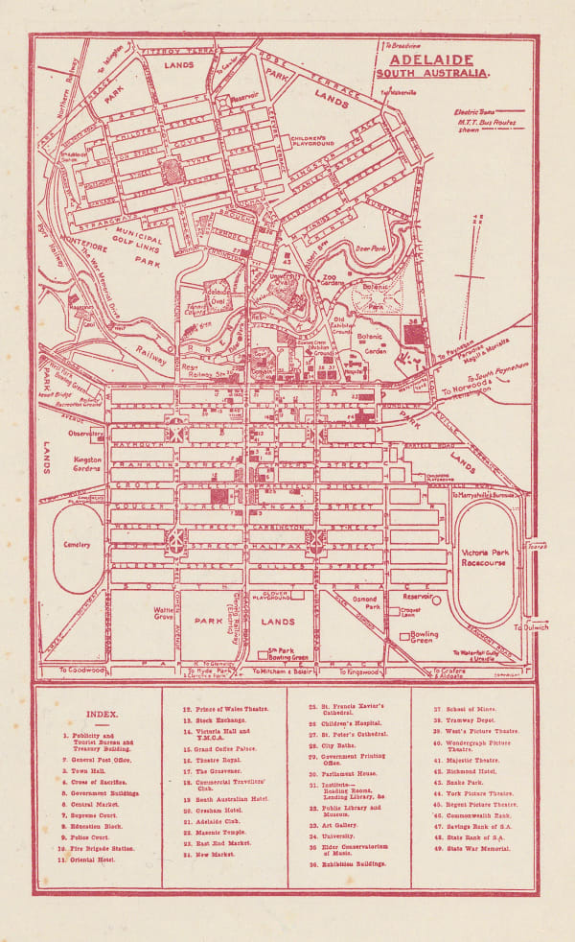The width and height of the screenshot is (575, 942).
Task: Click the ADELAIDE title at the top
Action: (x=435, y=57)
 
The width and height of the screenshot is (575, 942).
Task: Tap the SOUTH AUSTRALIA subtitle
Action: (x=433, y=72)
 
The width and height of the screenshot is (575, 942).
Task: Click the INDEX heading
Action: (x=102, y=714)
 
